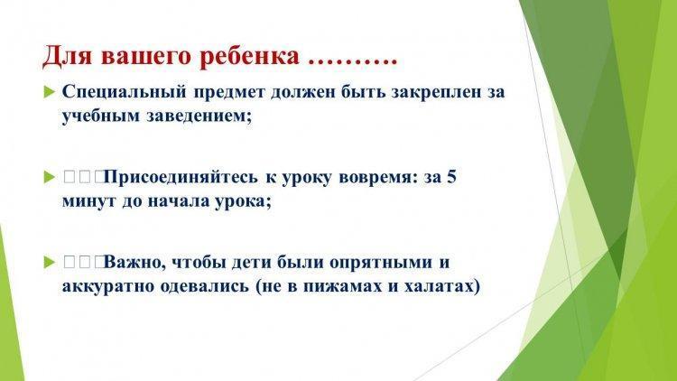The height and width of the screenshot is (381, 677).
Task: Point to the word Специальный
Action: point(125,92)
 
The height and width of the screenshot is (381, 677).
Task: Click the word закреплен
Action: point(437,92)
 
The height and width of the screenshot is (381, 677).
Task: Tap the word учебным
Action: point(101,116)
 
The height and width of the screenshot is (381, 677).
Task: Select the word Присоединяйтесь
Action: point(181,178)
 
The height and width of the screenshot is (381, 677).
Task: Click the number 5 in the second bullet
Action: point(451,177)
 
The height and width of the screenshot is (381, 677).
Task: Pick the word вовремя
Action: point(376,178)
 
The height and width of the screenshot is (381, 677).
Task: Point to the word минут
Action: point(89,201)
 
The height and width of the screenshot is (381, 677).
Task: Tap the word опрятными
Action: point(378,263)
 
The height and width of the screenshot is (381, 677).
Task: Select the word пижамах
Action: point(342,287)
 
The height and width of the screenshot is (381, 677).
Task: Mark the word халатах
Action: point(442,287)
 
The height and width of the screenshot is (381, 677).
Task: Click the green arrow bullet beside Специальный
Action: point(50,92)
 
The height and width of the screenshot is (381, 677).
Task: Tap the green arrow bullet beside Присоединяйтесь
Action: point(50,178)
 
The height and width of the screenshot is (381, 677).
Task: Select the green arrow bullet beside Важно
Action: point(50,263)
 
